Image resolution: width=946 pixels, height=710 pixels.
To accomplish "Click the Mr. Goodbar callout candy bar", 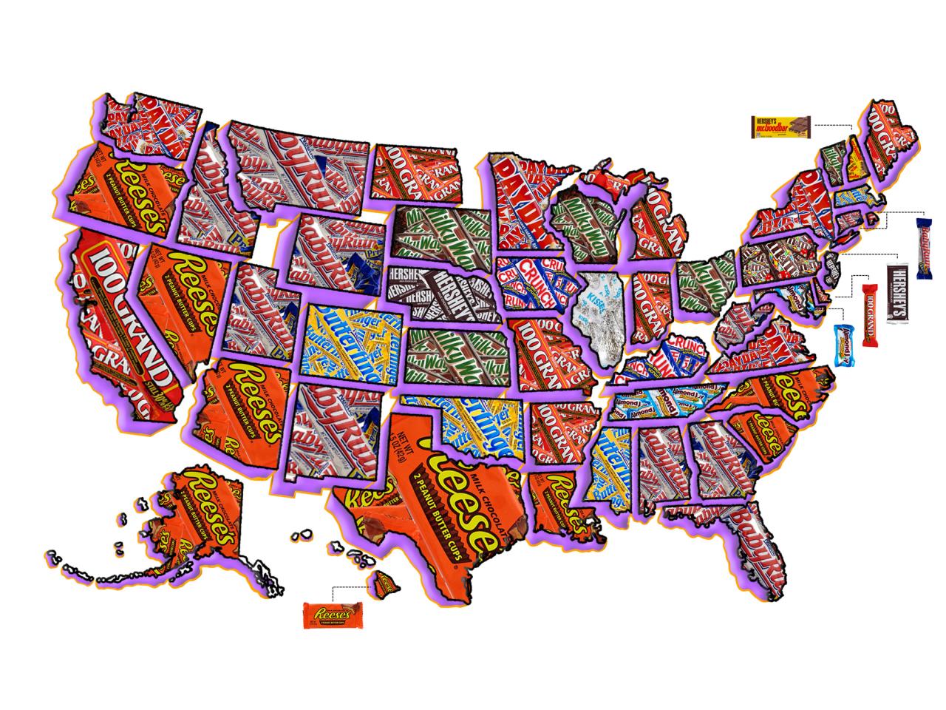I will pos(781,127).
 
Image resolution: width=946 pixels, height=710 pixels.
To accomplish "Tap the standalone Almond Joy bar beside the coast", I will pos(843,345).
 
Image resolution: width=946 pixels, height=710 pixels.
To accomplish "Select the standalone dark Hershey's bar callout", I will pos(897,292).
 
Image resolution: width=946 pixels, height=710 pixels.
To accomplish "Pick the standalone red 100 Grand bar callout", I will pos(871,315).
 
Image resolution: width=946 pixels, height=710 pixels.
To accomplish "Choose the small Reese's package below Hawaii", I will pos(333,615).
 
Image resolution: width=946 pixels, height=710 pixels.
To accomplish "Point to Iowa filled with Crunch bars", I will pos(532,285).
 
